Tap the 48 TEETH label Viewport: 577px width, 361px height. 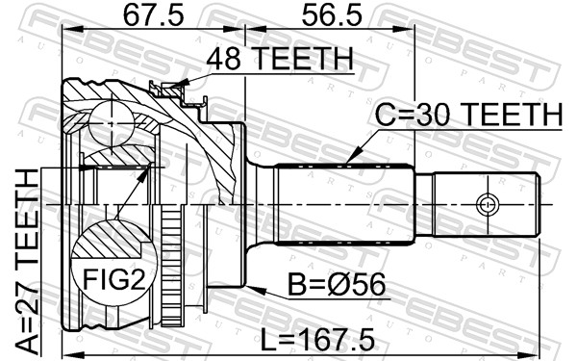point(281,60)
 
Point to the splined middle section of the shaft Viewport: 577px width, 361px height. point(346,204)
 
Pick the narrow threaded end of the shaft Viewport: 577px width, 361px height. point(481,204)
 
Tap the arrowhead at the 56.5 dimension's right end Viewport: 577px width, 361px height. point(415,29)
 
